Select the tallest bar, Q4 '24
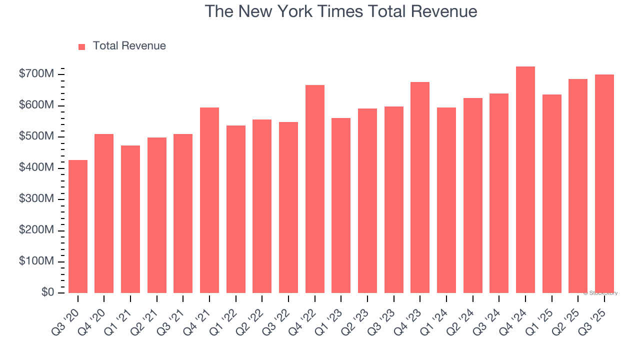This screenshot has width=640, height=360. (525, 179)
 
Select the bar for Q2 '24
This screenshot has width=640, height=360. (473, 195)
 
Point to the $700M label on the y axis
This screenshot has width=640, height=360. (36, 74)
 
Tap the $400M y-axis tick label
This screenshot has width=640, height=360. (36, 168)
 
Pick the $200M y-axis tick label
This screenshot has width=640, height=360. (36, 230)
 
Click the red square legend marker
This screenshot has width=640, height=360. (82, 46)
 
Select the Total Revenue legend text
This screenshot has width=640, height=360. (129, 46)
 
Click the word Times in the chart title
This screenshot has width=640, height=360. (329, 11)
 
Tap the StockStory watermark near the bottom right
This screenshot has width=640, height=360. (600, 293)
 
